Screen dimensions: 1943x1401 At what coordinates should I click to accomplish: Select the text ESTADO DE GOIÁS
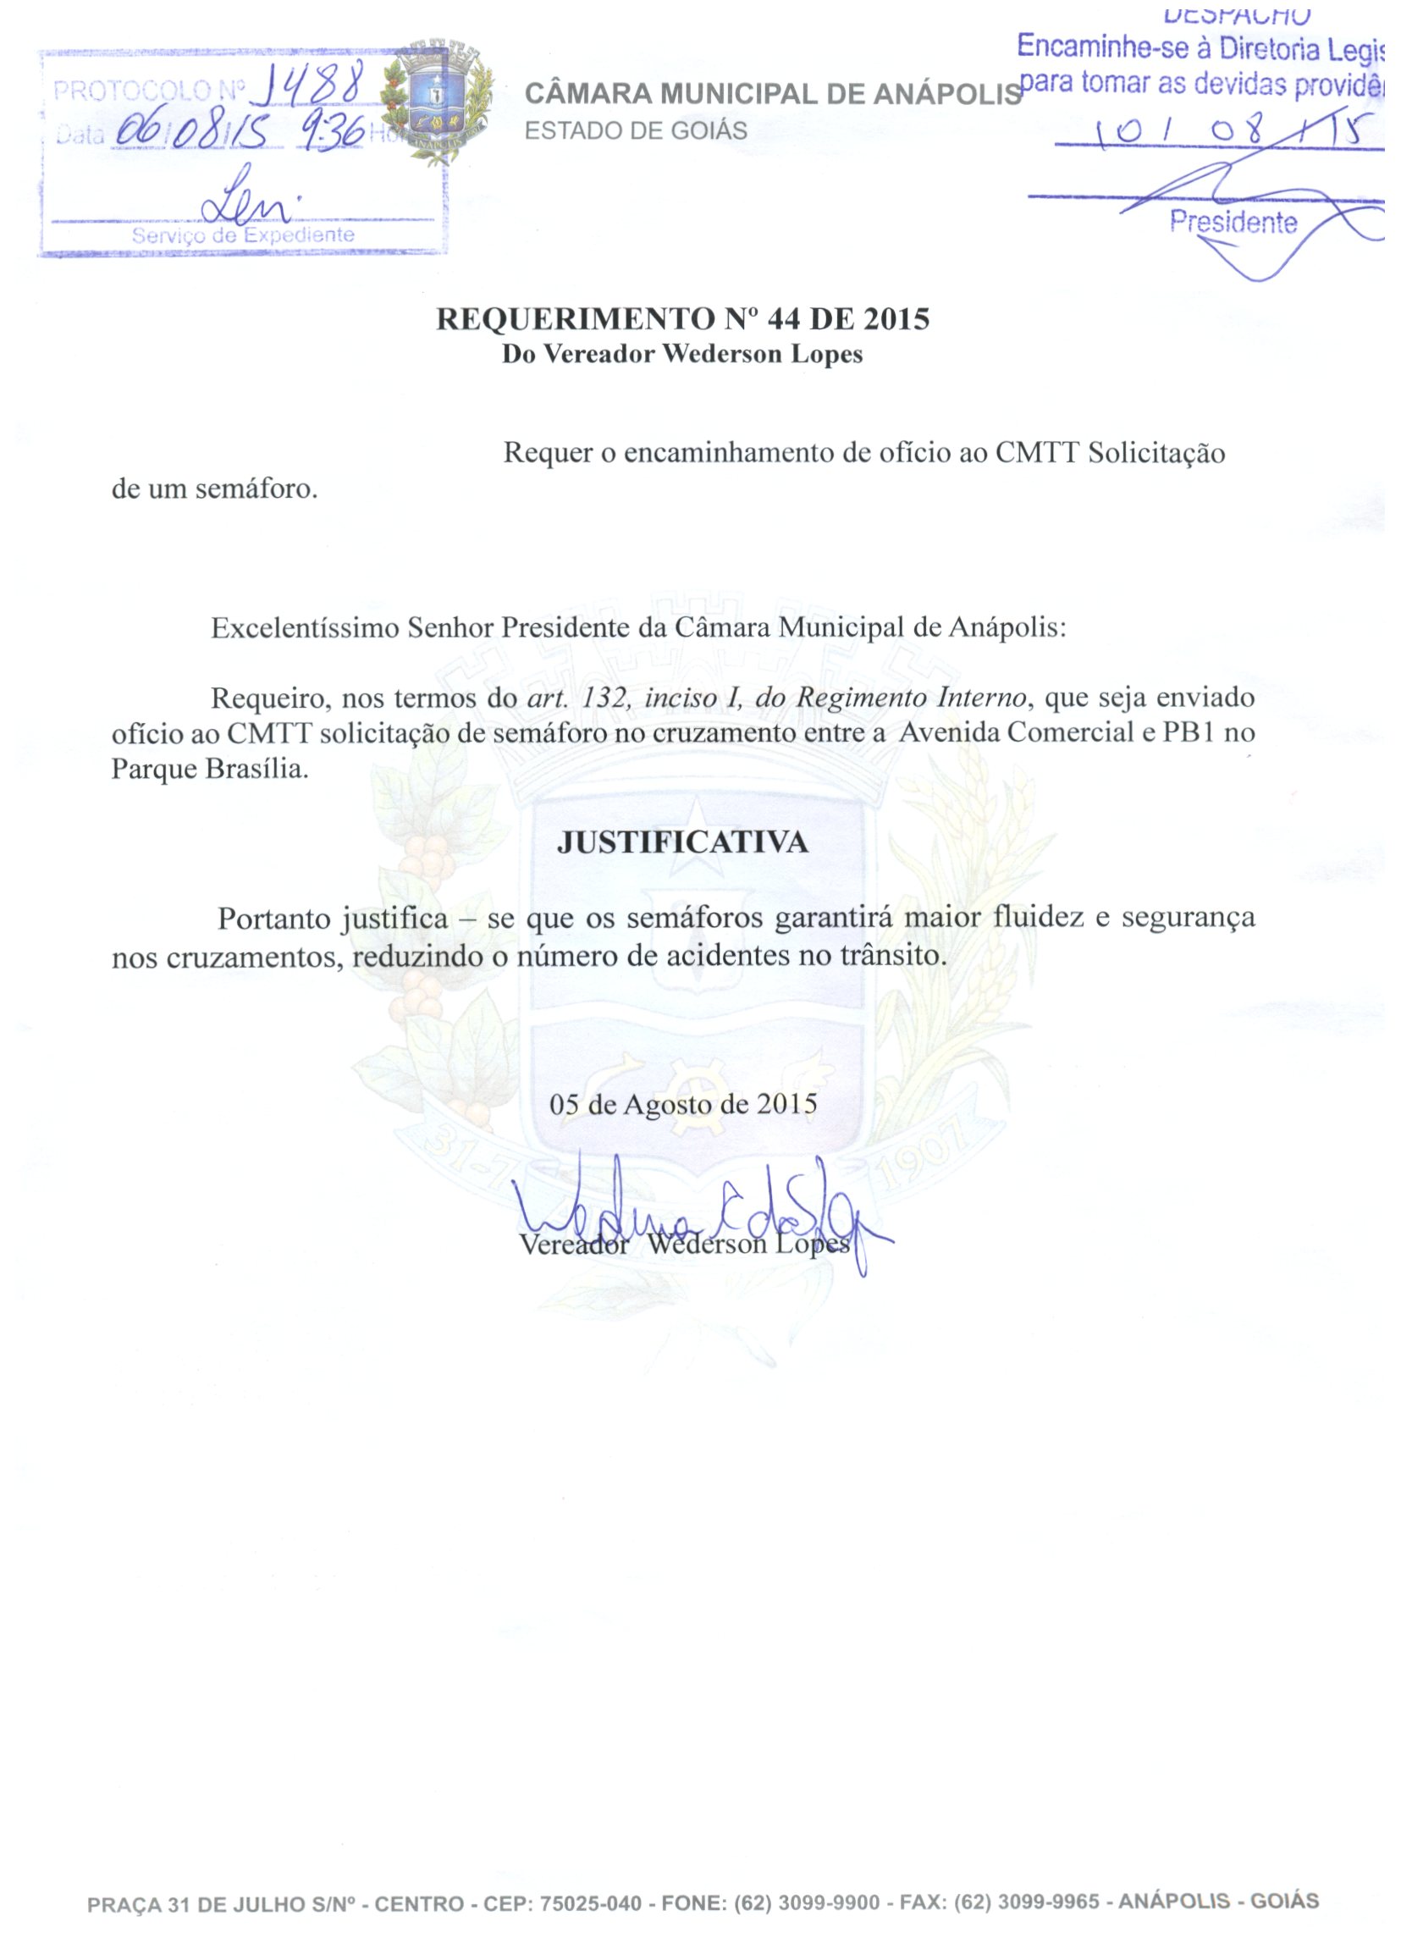point(636,131)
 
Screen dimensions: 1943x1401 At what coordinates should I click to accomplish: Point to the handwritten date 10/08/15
point(1234,132)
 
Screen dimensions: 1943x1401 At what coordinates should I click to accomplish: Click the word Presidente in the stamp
point(1233,223)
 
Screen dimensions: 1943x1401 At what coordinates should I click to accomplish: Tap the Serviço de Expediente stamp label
point(242,235)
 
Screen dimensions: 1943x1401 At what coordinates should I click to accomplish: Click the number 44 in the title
point(783,319)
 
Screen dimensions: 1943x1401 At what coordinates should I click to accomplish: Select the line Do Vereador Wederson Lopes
point(681,355)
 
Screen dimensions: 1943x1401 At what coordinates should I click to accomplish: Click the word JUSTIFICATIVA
point(682,843)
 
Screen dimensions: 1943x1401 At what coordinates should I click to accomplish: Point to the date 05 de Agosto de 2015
point(682,1103)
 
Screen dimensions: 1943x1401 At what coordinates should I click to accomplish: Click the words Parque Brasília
point(210,769)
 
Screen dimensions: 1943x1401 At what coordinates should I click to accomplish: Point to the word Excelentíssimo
point(305,628)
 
